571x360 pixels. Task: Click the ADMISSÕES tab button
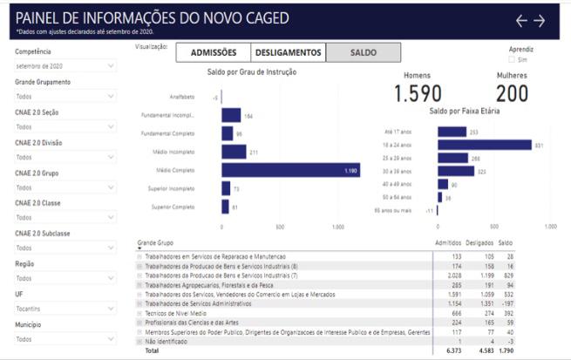click(x=214, y=53)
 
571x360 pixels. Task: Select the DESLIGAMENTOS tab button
click(x=288, y=53)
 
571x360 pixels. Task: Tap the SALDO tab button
click(x=363, y=53)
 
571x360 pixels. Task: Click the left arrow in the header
click(x=522, y=21)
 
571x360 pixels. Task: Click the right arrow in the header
click(x=540, y=21)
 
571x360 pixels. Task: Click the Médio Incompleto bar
click(x=234, y=152)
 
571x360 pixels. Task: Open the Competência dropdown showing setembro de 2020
click(x=65, y=66)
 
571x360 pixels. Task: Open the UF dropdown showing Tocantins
click(x=65, y=309)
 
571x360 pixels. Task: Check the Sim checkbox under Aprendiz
click(x=512, y=60)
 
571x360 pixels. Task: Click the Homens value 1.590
click(x=418, y=93)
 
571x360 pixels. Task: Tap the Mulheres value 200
click(x=512, y=93)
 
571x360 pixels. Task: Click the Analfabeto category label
click(x=180, y=97)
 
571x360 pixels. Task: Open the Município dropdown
click(x=65, y=339)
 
